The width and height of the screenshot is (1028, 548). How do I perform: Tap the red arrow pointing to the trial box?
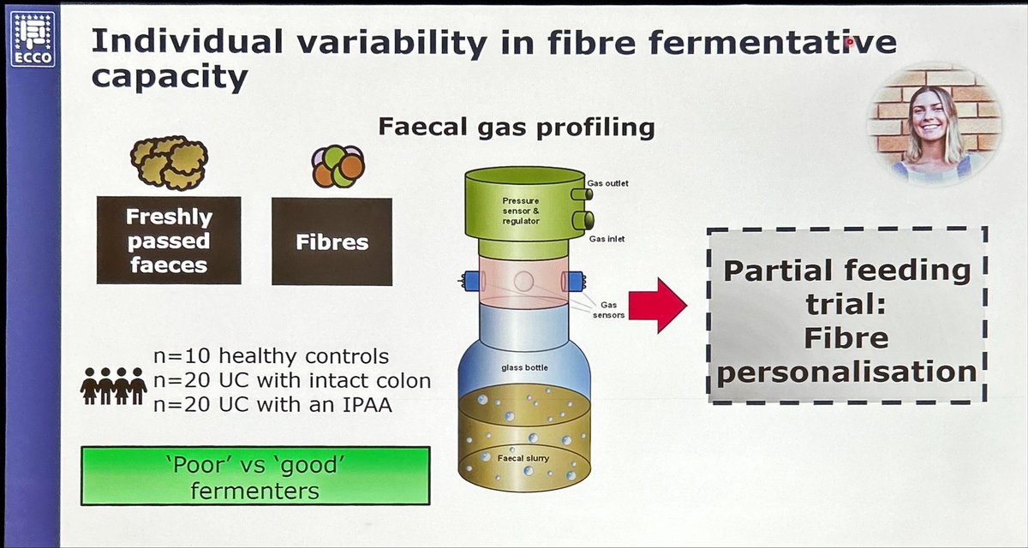click(657, 303)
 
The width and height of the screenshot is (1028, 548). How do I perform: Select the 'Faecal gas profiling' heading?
click(517, 128)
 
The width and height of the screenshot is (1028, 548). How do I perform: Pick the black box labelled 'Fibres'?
click(332, 241)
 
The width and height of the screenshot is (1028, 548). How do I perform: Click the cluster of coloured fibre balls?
click(338, 165)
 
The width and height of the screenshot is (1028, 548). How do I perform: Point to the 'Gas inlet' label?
click(607, 239)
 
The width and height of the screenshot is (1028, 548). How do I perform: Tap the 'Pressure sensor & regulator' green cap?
click(522, 209)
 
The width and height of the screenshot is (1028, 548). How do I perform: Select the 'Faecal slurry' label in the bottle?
click(523, 458)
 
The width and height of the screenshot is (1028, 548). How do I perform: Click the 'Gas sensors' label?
click(610, 309)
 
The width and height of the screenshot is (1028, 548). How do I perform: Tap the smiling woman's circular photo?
click(934, 122)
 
